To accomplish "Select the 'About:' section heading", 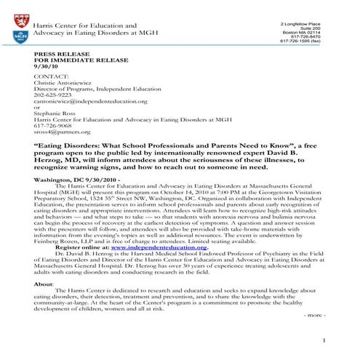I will (x=44, y=284).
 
